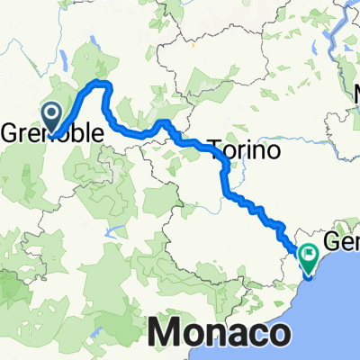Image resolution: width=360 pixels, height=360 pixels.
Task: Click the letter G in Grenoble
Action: pyautogui.click(x=12, y=134)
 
